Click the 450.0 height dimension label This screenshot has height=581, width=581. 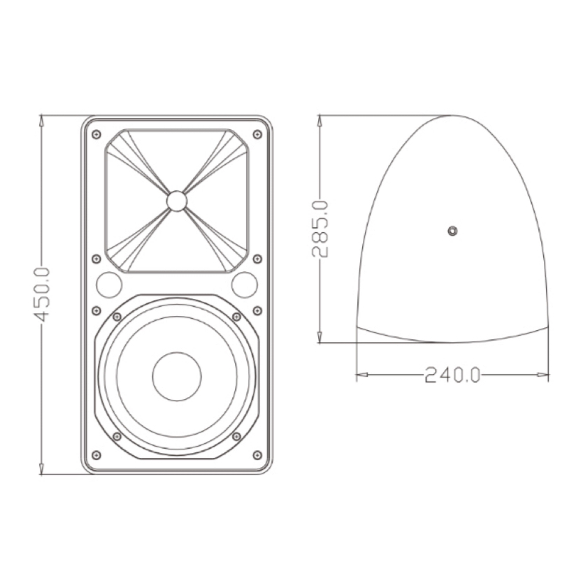tap(42, 294)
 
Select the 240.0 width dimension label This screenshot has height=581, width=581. tap(452, 376)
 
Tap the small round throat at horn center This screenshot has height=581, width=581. tap(177, 201)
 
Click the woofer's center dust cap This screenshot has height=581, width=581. tap(177, 377)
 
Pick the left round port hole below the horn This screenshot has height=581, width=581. tap(108, 285)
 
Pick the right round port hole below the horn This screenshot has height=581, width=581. tap(245, 285)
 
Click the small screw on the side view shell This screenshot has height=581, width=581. tap(452, 230)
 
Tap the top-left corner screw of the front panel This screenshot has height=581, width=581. tap(96, 134)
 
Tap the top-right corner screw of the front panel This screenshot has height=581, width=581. tap(257, 134)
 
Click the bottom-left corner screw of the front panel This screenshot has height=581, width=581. tap(96, 455)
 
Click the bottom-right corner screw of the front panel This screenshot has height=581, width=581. tap(257, 455)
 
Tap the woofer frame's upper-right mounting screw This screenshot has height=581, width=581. tap(236, 317)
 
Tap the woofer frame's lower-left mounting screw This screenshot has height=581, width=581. tap(117, 436)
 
